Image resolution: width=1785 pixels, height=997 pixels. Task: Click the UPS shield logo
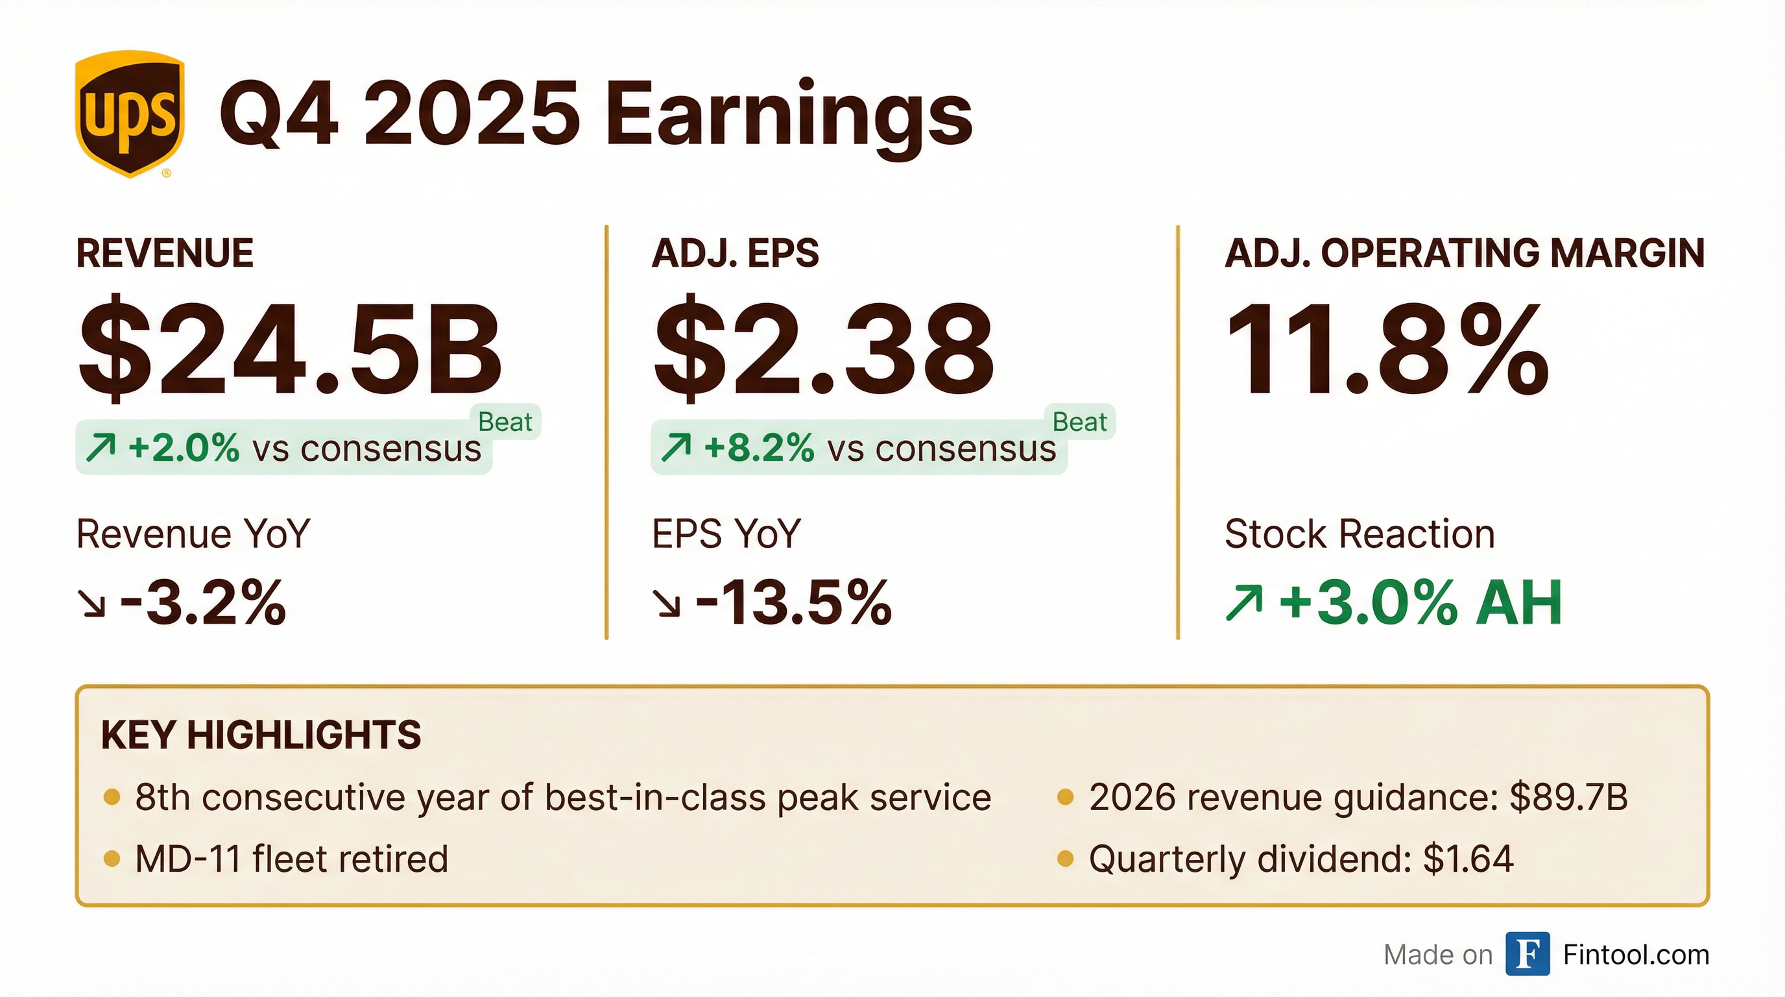[130, 115]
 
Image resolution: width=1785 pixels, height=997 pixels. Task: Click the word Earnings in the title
[789, 115]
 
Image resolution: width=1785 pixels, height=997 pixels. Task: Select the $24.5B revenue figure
[291, 351]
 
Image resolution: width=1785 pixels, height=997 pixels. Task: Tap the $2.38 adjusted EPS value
[824, 351]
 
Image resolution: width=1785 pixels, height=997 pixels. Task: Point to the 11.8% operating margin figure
[1387, 351]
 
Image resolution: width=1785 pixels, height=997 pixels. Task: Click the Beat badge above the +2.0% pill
[505, 421]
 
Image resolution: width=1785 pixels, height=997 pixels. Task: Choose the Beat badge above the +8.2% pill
[1079, 421]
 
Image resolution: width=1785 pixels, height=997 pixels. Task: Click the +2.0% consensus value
[184, 448]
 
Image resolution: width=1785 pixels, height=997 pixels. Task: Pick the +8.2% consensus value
[759, 448]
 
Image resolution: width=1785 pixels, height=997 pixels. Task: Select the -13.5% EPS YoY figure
[793, 602]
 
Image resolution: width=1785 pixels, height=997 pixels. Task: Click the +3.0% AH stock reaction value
[1420, 602]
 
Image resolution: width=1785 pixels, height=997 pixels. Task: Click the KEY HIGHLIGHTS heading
[261, 735]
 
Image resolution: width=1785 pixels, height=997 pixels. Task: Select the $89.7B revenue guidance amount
[1569, 797]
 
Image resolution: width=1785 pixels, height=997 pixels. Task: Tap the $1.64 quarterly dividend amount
[1468, 859]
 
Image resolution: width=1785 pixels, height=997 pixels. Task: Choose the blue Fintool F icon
[1527, 955]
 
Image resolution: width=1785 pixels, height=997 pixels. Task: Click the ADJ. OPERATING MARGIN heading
[1464, 253]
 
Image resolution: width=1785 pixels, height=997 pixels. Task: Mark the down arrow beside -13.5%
[668, 604]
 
